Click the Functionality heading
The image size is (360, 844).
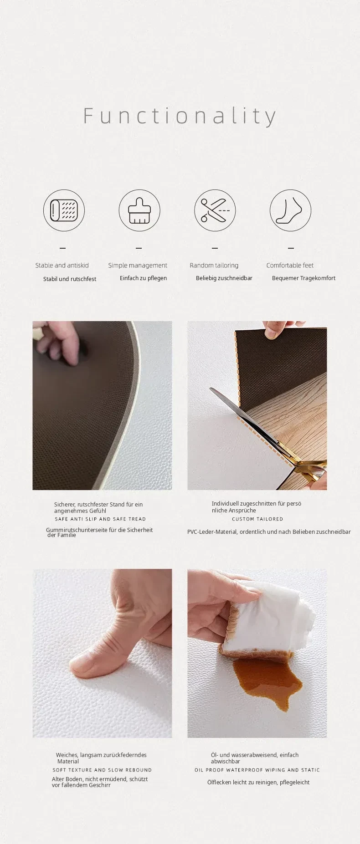point(180,116)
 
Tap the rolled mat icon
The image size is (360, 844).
point(64,211)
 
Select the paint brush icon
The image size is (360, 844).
point(139,211)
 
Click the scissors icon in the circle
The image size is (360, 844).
point(215,211)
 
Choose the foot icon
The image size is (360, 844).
point(290,211)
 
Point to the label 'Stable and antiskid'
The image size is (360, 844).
point(62,265)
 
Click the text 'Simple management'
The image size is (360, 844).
point(138,266)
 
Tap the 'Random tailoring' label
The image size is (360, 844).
point(214,266)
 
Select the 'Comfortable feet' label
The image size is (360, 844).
point(290,265)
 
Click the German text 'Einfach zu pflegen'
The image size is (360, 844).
point(143,278)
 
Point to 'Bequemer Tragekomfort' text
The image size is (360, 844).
point(303,278)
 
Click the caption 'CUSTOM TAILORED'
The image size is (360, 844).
point(257,519)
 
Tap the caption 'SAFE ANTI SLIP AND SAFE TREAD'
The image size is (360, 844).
point(100,519)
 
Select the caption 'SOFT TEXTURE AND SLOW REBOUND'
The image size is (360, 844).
point(102,770)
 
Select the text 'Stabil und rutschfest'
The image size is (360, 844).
point(70,279)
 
